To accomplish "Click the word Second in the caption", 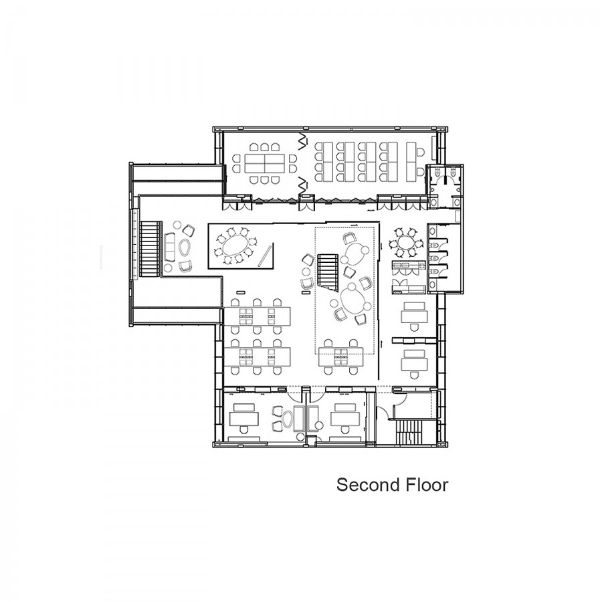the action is pos(363,485).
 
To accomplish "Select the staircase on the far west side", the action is pos(149,249).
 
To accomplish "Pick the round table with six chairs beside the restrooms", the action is pos(403,243).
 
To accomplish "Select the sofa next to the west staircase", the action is pos(170,245).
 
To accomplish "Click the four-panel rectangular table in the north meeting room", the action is pos(264,163).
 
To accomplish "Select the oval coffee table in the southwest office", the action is pos(288,419).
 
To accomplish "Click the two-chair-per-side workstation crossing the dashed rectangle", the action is pos(341,357).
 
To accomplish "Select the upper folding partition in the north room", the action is pos(303,142).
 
